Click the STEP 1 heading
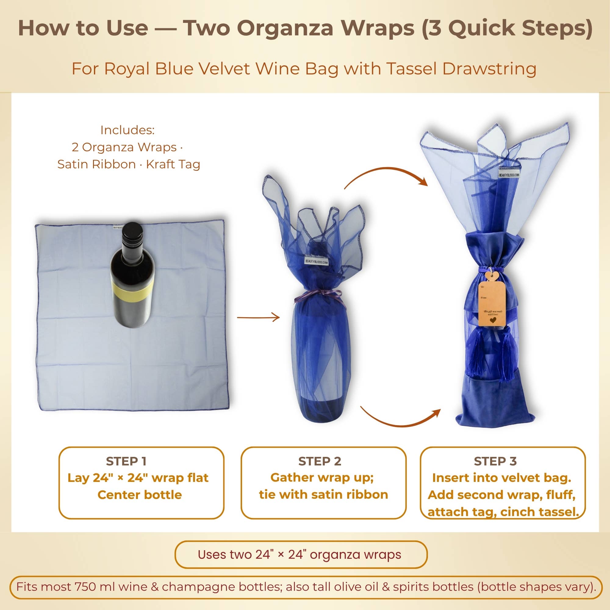coord(126,461)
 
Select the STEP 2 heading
coord(320,461)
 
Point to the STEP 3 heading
coord(495,461)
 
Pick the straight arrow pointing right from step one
coord(258,317)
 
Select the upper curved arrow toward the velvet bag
coord(386,176)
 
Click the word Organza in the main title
coord(285,28)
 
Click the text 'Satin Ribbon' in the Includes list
coord(96,164)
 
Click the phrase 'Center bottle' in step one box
coord(140,495)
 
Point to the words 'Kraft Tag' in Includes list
coord(173,164)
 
